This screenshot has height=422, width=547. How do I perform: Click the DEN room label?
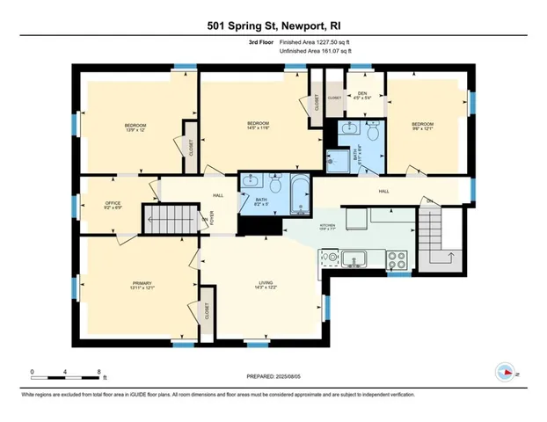[x=362, y=93]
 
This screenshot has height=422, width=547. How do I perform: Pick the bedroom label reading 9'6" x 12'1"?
[x=423, y=127]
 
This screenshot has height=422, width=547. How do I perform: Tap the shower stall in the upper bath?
[x=336, y=160]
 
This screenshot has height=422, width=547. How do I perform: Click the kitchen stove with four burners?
[x=397, y=259]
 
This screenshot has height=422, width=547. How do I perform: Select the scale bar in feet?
[x=67, y=375]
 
